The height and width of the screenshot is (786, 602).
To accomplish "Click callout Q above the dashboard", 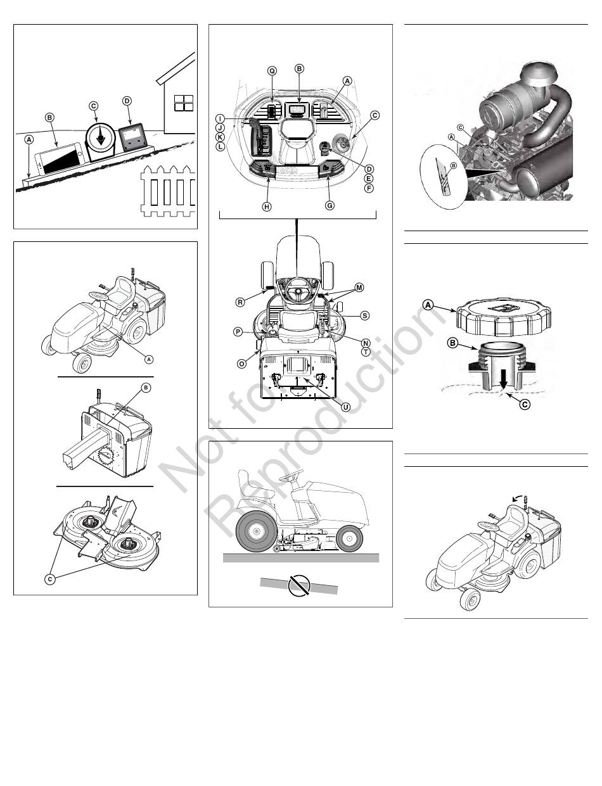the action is click(272, 71).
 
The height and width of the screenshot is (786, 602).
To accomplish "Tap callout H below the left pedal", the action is click(267, 206).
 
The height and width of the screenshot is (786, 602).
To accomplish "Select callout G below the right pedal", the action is click(330, 205).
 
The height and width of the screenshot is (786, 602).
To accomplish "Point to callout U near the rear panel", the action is click(346, 407).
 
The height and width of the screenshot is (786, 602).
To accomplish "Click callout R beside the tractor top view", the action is click(240, 302).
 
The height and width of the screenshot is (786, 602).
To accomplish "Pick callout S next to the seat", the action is click(364, 315).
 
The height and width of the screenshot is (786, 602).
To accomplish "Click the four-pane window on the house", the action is click(183, 103).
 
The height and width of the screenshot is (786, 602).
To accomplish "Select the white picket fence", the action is click(169, 191).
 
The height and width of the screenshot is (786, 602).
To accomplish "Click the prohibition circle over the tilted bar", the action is click(299, 585).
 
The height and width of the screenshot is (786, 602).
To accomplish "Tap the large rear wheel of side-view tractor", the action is click(255, 531).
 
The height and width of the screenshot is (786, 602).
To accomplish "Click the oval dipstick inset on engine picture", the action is click(442, 176).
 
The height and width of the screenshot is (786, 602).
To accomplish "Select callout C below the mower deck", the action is click(50, 579).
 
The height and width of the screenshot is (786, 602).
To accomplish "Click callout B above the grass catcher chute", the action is click(146, 388).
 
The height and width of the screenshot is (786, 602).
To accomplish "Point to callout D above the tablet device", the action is click(127, 101).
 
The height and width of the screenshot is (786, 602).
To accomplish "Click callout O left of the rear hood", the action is click(241, 364).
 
